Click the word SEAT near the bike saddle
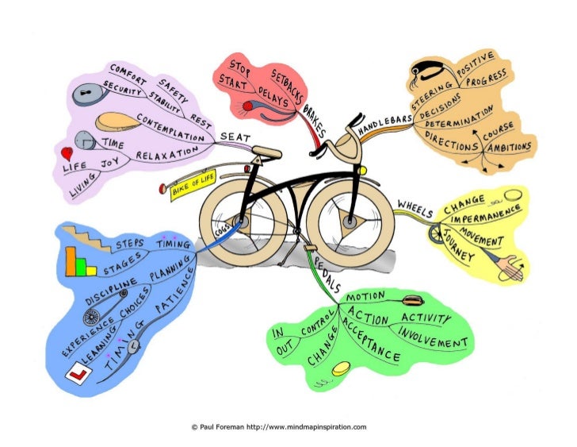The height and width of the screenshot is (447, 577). tap(235, 137)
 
